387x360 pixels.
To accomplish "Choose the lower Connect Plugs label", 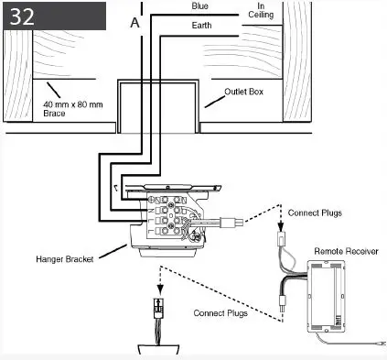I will (x=222, y=313).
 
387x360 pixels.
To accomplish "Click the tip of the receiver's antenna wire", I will (x=379, y=345).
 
